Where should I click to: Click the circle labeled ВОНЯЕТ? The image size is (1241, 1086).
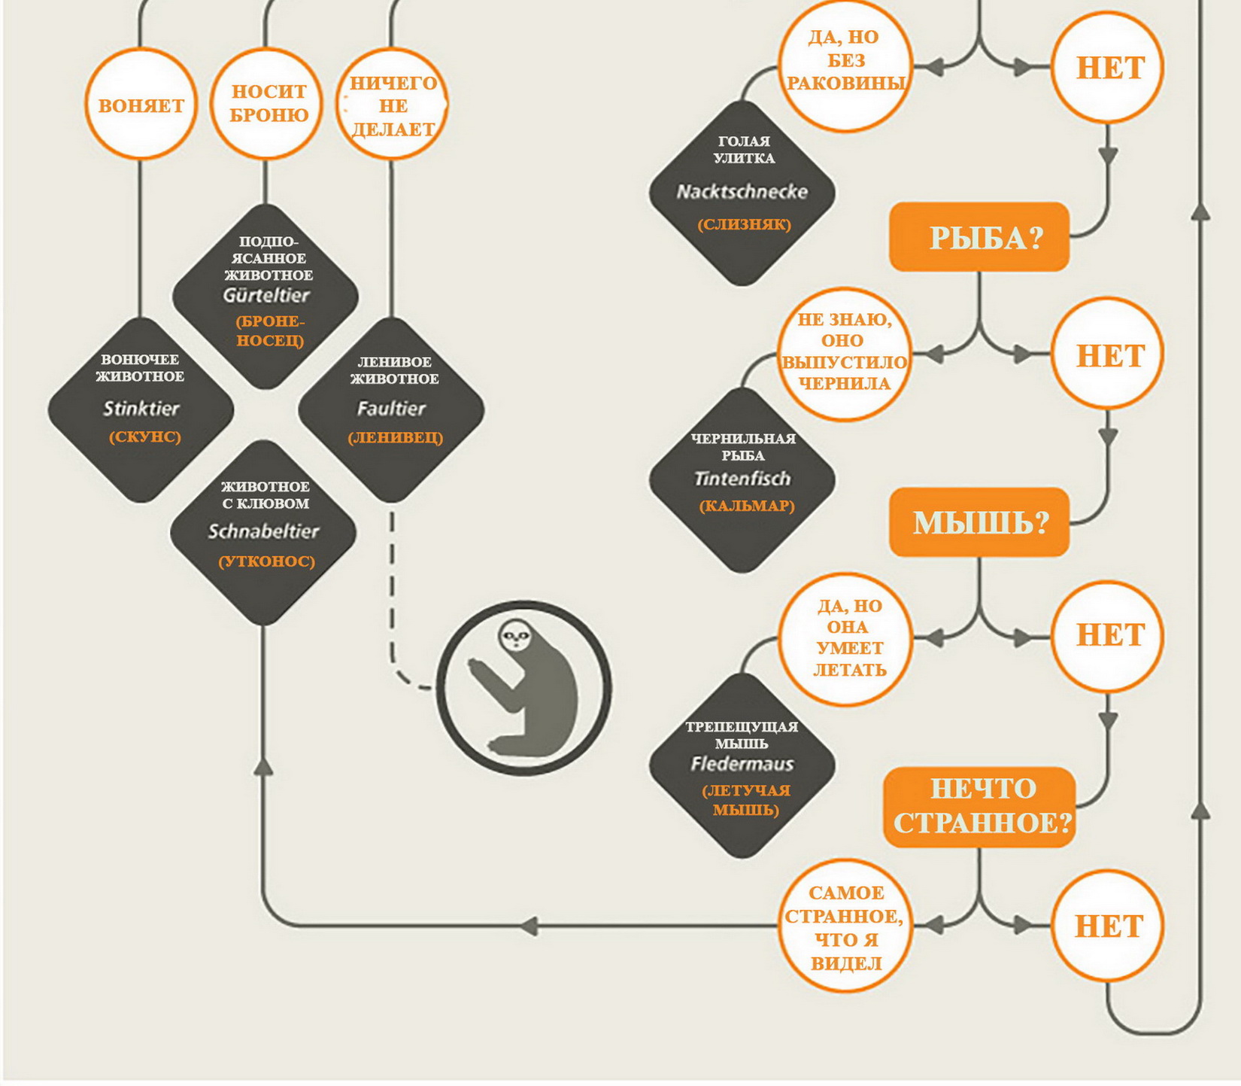click(x=141, y=105)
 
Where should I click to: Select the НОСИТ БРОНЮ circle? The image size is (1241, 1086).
click(x=267, y=103)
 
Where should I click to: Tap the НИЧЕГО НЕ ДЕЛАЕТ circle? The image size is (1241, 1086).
click(x=392, y=105)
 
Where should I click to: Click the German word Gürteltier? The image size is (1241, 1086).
click(x=265, y=295)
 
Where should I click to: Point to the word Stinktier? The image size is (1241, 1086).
click(x=141, y=409)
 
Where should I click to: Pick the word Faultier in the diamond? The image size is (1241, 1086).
click(x=391, y=409)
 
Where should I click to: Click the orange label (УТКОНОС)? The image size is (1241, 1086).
click(x=266, y=561)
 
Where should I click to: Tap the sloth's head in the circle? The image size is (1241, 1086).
click(x=515, y=636)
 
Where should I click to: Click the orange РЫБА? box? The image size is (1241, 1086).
click(x=979, y=237)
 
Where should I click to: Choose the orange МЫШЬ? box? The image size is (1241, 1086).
click(x=979, y=522)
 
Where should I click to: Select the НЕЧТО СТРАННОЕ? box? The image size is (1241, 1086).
click(x=980, y=807)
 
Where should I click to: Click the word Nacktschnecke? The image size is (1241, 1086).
click(x=742, y=192)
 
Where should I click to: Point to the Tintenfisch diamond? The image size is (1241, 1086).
click(x=742, y=479)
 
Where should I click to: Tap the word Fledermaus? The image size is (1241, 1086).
click(x=742, y=764)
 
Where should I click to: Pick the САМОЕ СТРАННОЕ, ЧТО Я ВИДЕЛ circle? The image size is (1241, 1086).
click(x=845, y=926)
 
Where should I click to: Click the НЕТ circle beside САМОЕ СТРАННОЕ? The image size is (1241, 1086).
click(x=1108, y=926)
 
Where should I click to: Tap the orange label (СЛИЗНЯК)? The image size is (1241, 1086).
click(x=744, y=224)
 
